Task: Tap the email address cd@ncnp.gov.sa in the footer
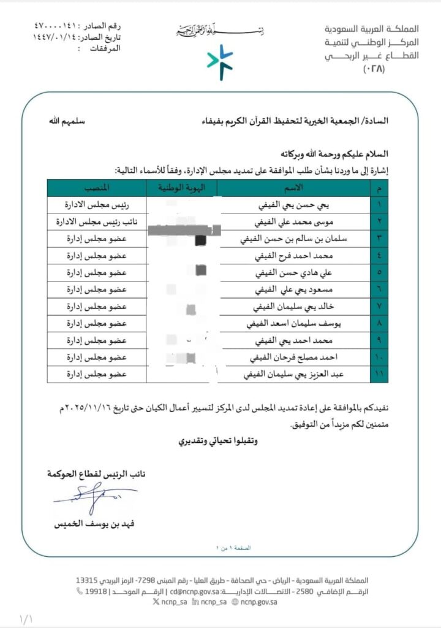tap(195, 592)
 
